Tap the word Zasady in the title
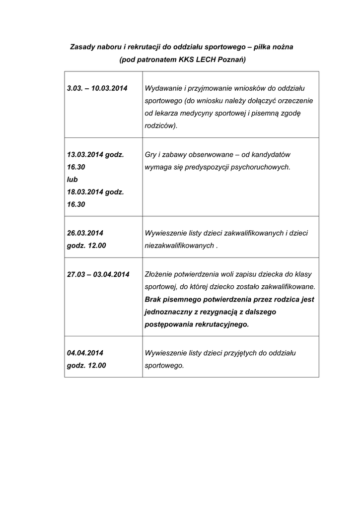82,47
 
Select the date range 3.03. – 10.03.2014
97,88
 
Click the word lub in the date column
72,179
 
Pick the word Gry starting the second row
150,154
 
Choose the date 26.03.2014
85,233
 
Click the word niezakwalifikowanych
179,245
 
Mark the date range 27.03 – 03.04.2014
98,274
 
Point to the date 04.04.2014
85,353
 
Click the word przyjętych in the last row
234,353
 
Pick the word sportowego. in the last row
164,365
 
